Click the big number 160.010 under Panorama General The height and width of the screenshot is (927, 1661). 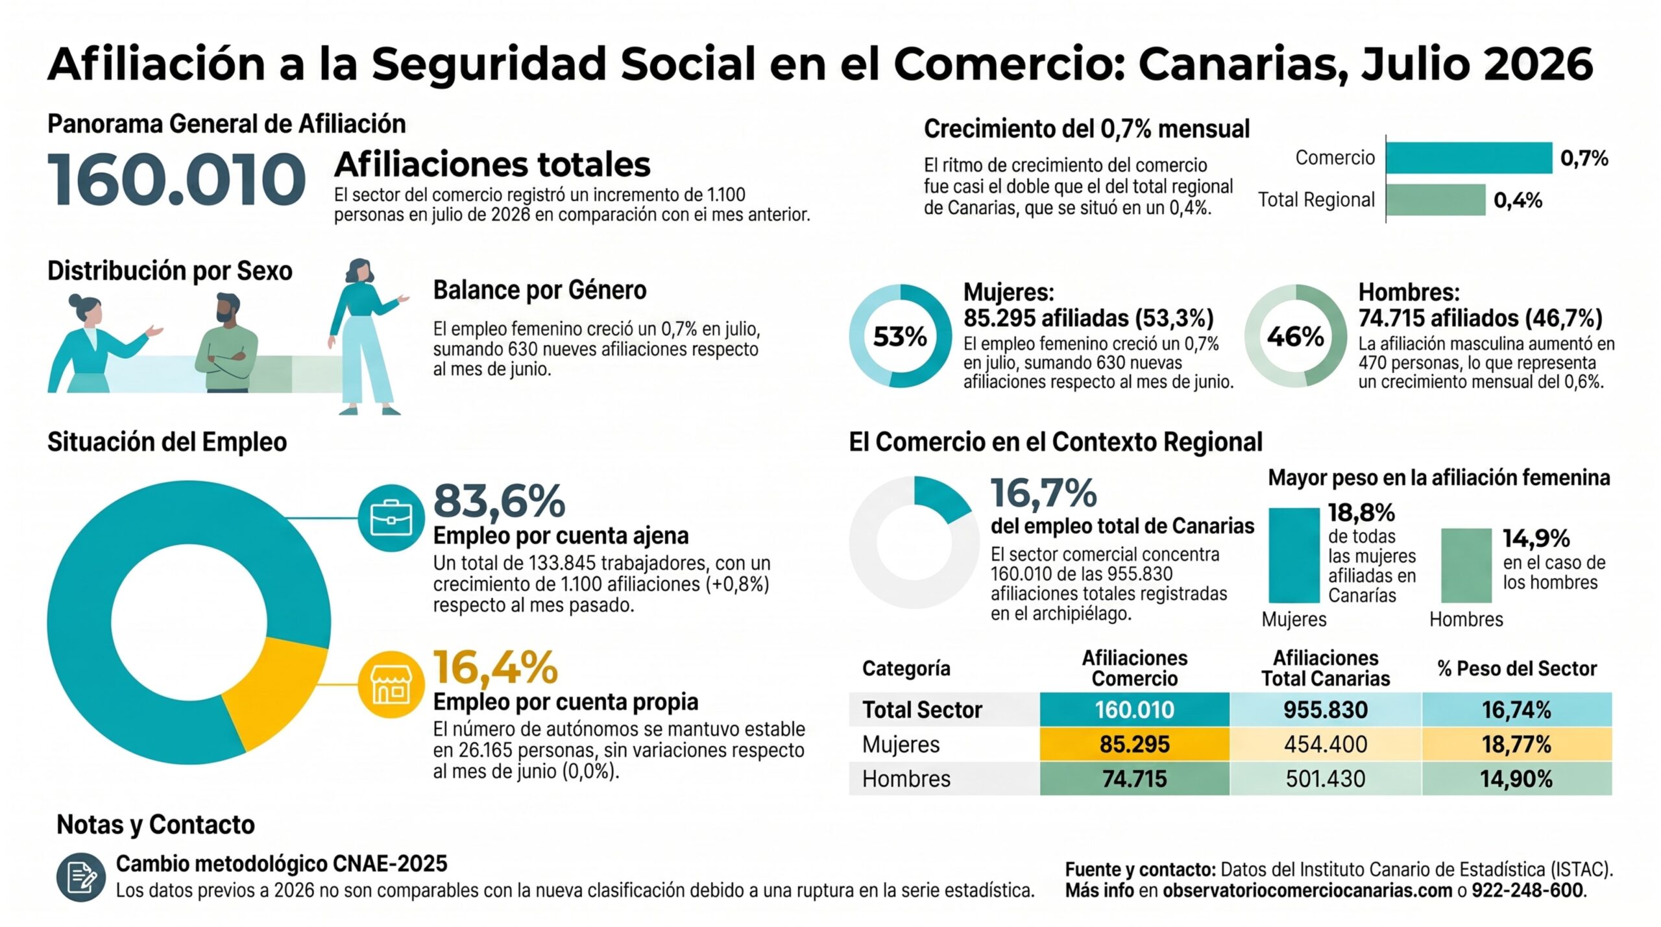[176, 179]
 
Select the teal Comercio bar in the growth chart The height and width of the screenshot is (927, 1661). [1469, 158]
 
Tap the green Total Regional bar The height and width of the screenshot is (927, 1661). [1436, 200]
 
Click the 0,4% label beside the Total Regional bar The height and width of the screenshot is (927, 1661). [1518, 200]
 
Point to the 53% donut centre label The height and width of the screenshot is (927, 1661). [900, 336]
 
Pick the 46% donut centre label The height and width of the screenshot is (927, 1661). [1295, 336]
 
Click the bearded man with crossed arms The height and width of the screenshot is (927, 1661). [226, 343]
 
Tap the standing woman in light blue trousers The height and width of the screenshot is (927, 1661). [367, 337]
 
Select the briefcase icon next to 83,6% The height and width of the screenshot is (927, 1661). [391, 518]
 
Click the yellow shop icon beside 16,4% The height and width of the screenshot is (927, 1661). [391, 684]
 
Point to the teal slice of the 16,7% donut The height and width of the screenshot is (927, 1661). [941, 498]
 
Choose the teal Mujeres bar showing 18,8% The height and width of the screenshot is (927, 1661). [1294, 555]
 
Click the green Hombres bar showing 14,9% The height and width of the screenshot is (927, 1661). [1466, 566]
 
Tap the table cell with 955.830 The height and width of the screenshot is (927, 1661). [1326, 710]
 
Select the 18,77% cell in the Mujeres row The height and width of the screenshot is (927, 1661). [1516, 744]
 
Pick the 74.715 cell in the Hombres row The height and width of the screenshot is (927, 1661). [1135, 778]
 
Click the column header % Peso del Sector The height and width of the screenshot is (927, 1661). [1517, 668]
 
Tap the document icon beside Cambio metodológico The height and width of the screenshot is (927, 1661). [81, 877]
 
